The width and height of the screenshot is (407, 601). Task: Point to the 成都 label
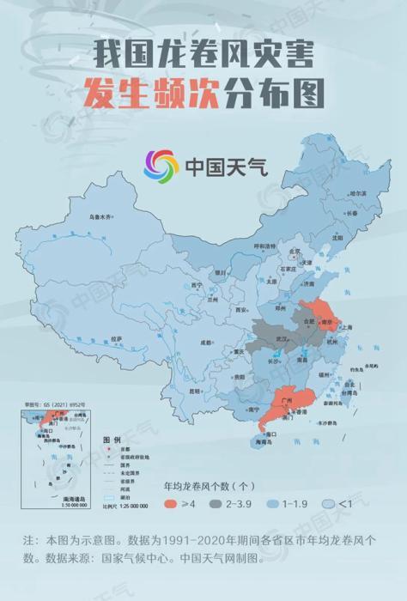click(x=206, y=342)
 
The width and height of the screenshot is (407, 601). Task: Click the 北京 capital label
click(x=295, y=252)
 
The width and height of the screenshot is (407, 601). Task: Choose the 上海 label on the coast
click(x=347, y=327)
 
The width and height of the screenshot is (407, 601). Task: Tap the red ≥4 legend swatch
click(x=172, y=502)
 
